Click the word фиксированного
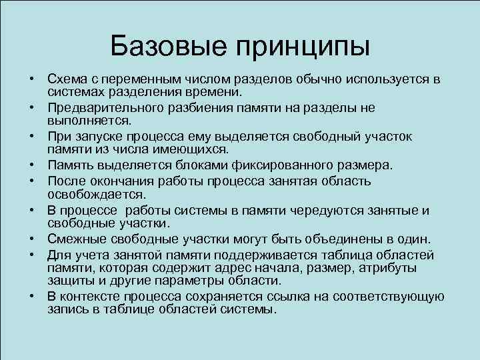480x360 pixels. pos(254,165)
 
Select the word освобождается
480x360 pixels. pos(88,193)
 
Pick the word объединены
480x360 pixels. pos(345,239)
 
